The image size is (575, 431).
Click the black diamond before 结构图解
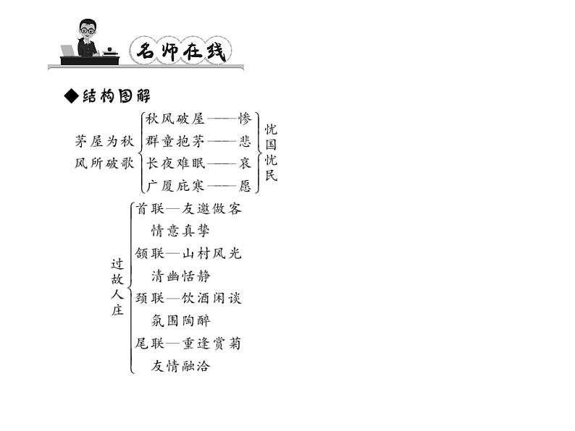70,96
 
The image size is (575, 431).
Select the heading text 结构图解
116,96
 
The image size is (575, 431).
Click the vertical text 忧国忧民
270,152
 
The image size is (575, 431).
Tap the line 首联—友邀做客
188,209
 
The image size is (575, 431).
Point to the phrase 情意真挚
180,231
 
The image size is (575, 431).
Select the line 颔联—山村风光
188,253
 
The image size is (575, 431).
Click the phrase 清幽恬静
180,276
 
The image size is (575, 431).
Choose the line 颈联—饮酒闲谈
188,298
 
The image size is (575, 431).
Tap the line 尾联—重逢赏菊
188,343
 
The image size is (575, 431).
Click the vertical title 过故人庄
117,287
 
